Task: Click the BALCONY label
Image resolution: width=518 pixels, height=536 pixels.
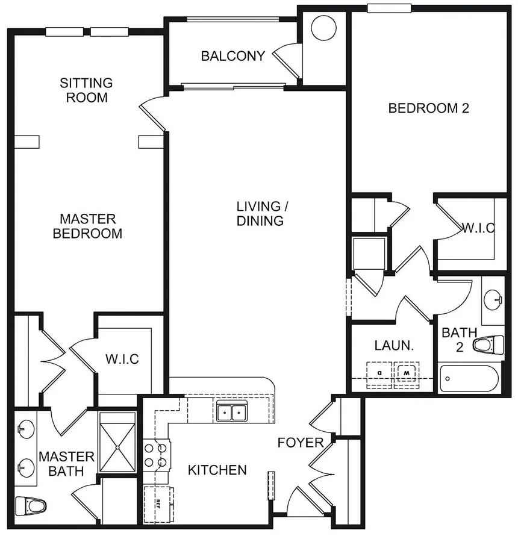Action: coord(233,56)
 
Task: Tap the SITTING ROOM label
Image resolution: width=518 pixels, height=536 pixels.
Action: coord(86,90)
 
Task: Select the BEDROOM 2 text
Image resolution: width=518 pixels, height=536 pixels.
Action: coord(428,108)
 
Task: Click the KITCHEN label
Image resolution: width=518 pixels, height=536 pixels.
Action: coord(217,470)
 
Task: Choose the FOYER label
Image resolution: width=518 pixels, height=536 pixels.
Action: coord(301,443)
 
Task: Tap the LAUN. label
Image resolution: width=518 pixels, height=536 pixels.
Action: coord(394,346)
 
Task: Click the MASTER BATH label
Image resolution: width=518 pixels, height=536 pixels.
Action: coord(66,464)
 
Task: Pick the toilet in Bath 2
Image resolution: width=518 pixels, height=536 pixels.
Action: coord(488,344)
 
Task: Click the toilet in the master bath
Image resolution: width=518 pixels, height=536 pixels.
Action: coord(31,506)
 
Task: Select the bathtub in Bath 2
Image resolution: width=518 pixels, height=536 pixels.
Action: coord(469,379)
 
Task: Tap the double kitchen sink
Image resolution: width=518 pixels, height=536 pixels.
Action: coord(232,412)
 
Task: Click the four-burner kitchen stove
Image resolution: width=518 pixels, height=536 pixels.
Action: coord(156,455)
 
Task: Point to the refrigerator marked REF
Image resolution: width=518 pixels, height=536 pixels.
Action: coord(158,504)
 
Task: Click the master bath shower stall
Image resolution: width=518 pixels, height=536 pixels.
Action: coord(117,442)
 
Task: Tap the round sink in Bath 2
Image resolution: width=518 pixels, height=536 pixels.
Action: coord(493,300)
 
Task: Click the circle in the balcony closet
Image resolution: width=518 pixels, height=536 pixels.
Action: coord(323,28)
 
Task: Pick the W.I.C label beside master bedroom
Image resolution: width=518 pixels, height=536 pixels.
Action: coord(122,360)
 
